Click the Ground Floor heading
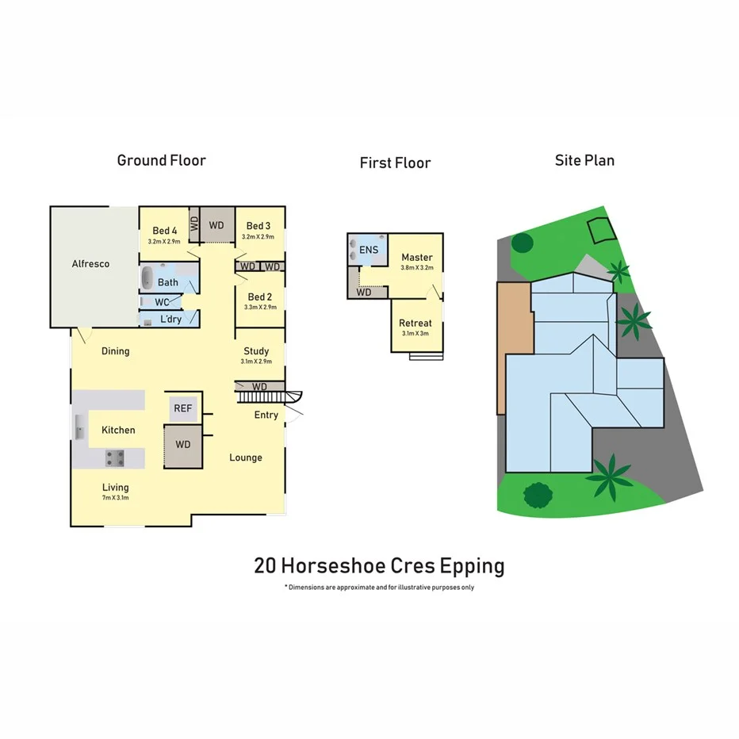(x=161, y=160)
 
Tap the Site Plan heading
(x=584, y=160)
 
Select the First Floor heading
(x=395, y=163)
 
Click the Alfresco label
(x=90, y=263)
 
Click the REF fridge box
(x=182, y=408)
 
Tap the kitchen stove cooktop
(x=115, y=457)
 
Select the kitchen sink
(x=79, y=429)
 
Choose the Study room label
(x=256, y=350)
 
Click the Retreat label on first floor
(x=415, y=323)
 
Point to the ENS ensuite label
(x=369, y=251)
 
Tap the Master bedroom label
(x=416, y=257)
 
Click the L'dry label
(x=170, y=319)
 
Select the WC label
(x=163, y=302)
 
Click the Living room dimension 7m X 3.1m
(x=115, y=498)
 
